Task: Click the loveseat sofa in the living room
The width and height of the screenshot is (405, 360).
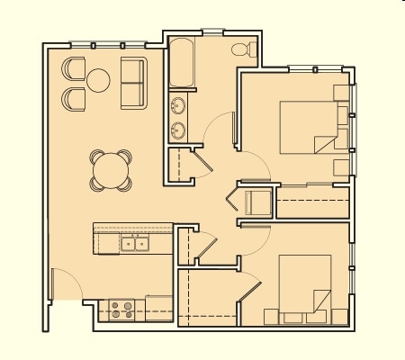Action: [x=133, y=83]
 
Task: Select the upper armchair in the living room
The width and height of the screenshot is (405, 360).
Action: [x=74, y=69]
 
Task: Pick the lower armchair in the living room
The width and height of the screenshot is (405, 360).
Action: [x=74, y=96]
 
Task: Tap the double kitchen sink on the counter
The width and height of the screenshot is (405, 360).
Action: [x=135, y=243]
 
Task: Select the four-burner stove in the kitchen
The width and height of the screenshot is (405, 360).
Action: [x=121, y=310]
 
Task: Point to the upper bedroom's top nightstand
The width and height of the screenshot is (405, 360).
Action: [x=341, y=92]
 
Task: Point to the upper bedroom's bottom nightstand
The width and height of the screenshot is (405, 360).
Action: [x=341, y=166]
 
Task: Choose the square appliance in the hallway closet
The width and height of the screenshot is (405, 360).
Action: [x=256, y=202]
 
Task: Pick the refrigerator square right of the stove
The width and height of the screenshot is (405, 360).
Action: [x=158, y=309]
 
